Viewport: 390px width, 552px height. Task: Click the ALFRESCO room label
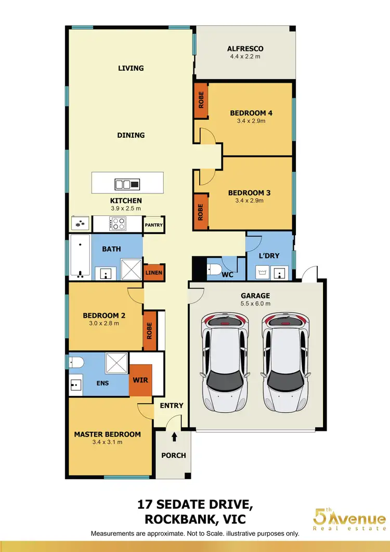click(x=245, y=49)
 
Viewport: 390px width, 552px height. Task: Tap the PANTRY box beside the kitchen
click(x=154, y=225)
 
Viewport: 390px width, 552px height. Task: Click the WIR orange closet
click(x=140, y=380)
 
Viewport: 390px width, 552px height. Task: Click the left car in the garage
click(x=225, y=362)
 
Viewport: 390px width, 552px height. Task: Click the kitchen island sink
click(x=127, y=184)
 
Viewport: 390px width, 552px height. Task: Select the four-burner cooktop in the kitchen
click(x=119, y=224)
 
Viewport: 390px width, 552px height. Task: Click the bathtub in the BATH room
click(x=81, y=256)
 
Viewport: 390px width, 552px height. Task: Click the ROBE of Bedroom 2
click(x=150, y=331)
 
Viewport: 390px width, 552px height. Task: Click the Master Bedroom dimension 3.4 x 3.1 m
click(x=107, y=443)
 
